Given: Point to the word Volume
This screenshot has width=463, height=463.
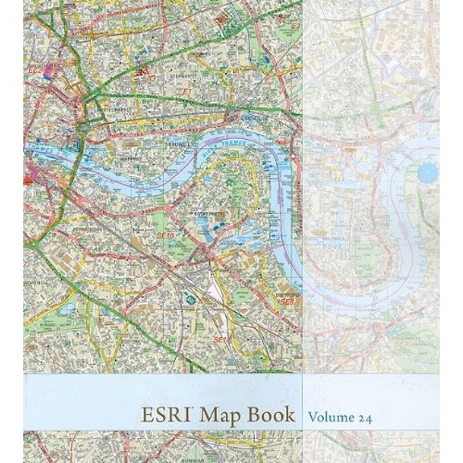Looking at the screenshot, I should [x=332, y=418].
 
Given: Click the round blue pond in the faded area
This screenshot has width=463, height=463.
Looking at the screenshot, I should [x=427, y=172].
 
